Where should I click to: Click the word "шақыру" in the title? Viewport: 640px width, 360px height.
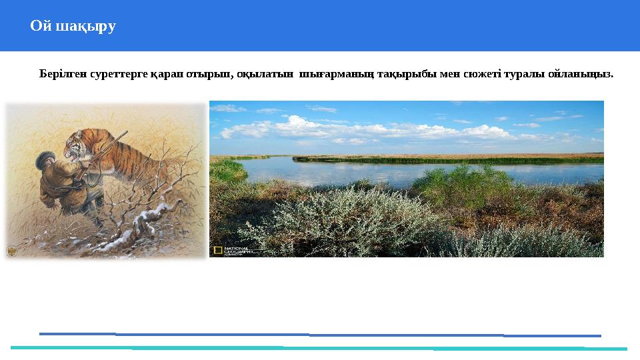tap(85, 27)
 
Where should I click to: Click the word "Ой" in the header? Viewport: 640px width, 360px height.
tap(41, 27)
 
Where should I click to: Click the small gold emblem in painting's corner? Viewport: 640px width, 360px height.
tap(12, 252)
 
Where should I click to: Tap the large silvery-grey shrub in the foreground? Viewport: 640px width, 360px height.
tap(333, 220)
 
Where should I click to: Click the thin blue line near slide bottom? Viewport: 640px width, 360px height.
tap(320, 334)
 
